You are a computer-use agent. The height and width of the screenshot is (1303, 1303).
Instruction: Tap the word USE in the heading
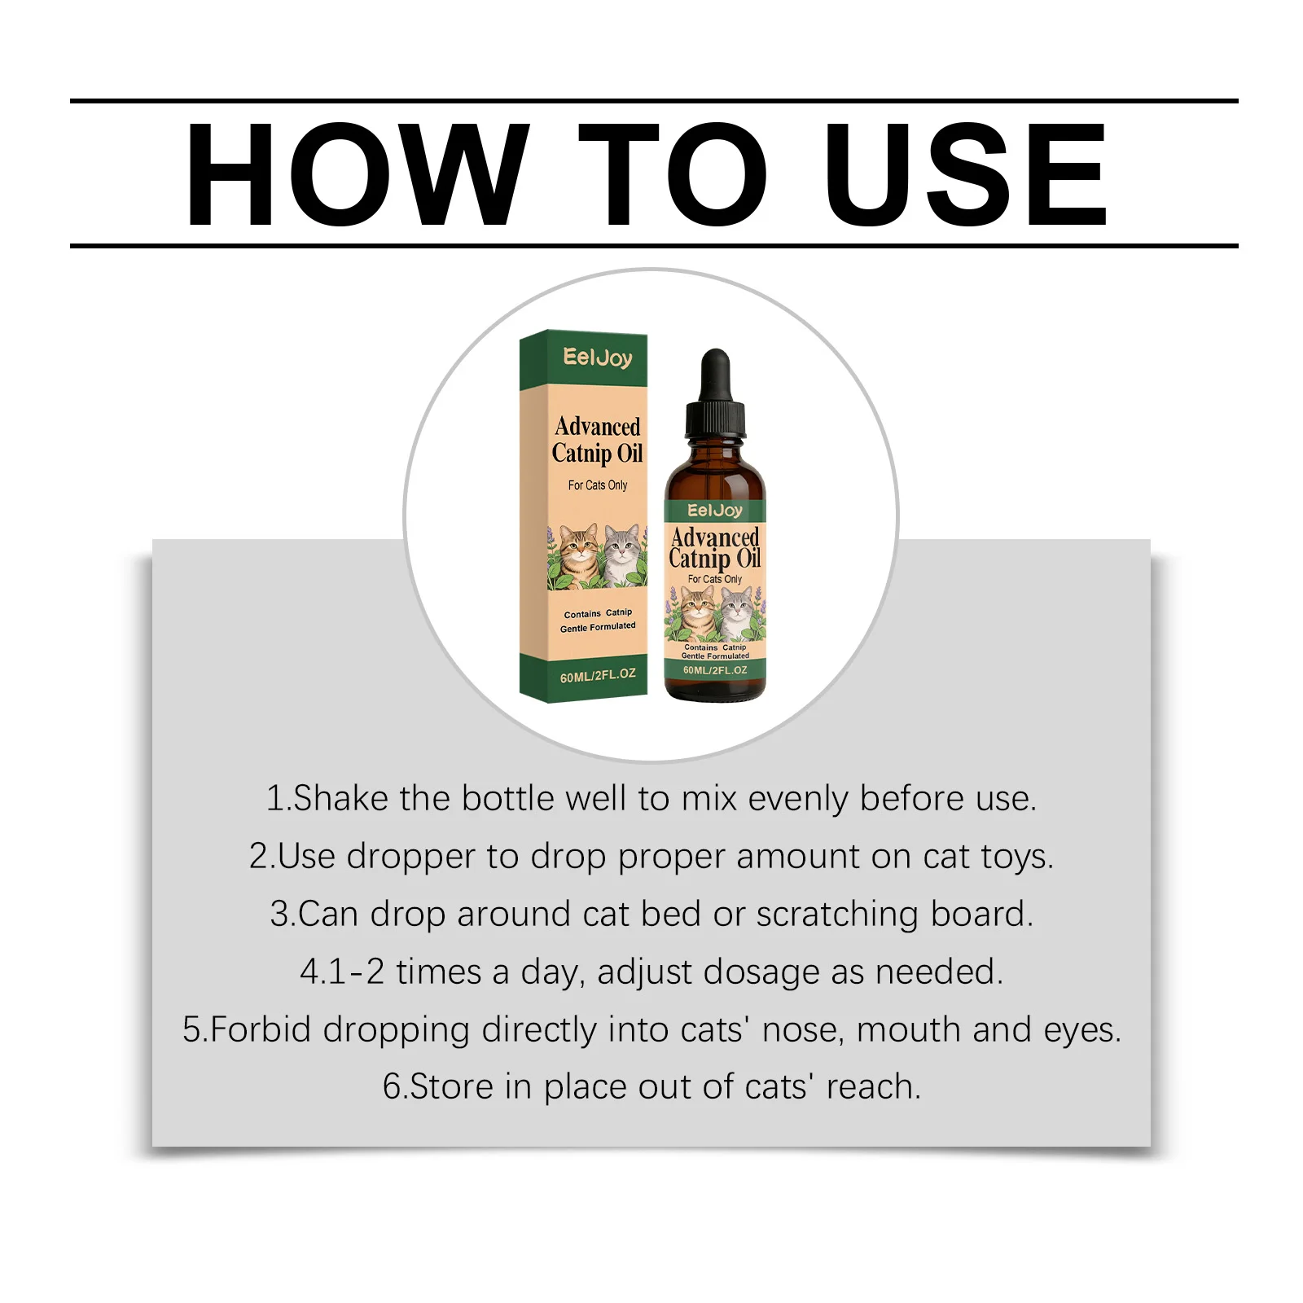tap(966, 174)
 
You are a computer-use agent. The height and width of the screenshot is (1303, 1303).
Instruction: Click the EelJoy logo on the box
tap(598, 358)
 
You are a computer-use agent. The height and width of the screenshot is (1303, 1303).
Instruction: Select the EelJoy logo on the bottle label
tap(715, 511)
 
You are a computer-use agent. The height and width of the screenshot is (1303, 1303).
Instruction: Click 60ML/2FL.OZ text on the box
tap(598, 675)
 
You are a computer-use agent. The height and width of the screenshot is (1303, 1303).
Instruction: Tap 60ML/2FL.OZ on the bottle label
tap(715, 670)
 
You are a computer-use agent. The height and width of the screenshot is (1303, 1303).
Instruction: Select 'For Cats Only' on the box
tap(598, 485)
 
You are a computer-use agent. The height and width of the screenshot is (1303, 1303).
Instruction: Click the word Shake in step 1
tap(340, 798)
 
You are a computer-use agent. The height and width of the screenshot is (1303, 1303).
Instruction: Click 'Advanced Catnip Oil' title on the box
tap(598, 440)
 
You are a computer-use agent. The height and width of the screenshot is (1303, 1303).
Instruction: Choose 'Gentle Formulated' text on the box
tap(598, 627)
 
